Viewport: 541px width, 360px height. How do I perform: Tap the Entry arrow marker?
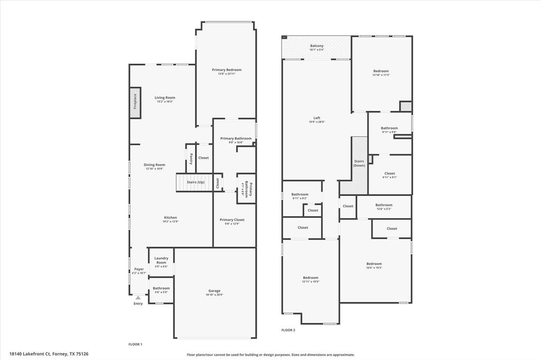(x=138, y=298)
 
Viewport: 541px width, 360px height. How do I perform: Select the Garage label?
(x=214, y=291)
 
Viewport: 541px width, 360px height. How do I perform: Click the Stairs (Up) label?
(x=195, y=182)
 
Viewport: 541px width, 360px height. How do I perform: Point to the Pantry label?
(x=191, y=158)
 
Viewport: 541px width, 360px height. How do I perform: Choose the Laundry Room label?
(x=161, y=260)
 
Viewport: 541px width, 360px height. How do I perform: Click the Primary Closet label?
(x=232, y=220)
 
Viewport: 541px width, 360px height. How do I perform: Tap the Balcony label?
(x=316, y=46)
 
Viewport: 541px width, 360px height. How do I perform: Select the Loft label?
(x=316, y=118)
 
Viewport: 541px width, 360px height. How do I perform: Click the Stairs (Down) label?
(x=359, y=163)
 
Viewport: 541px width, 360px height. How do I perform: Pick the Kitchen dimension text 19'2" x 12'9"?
(x=170, y=222)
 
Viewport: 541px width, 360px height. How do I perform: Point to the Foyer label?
(x=138, y=269)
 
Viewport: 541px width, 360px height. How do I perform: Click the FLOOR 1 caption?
(x=135, y=344)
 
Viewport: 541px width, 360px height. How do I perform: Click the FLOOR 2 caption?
(x=288, y=330)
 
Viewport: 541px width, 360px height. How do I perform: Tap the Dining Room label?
(x=154, y=165)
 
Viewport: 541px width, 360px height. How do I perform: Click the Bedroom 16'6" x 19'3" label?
(x=374, y=263)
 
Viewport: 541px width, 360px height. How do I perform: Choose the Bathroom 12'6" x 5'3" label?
(x=384, y=205)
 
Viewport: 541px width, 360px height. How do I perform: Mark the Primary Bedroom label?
(x=227, y=70)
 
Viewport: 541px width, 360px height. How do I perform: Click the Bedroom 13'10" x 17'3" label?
(x=381, y=71)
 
